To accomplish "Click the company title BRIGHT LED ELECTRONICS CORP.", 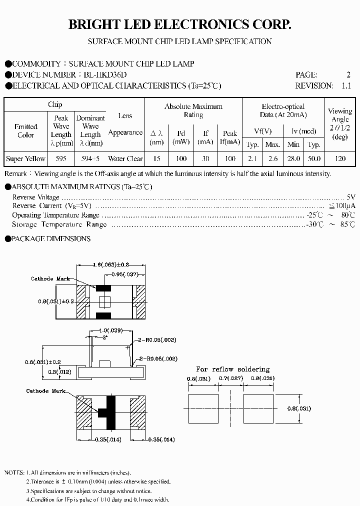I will pyautogui.click(x=179, y=24).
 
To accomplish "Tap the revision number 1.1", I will pyautogui.click(x=346, y=85).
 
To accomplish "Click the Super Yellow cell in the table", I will pyautogui.click(x=25, y=158).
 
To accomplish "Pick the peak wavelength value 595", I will pyautogui.click(x=61, y=158).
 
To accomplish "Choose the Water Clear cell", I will pyautogui.click(x=125, y=158).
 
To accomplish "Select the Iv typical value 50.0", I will pyautogui.click(x=313, y=158).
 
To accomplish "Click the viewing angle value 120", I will pyautogui.click(x=340, y=158).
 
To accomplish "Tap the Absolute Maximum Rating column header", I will pyautogui.click(x=193, y=110).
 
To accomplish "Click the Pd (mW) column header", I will pyautogui.click(x=181, y=137).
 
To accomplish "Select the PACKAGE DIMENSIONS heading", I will pyautogui.click(x=51, y=239).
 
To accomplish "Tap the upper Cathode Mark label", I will pyautogui.click(x=51, y=278).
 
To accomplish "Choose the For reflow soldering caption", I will pyautogui.click(x=232, y=369).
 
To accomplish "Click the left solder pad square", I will pyautogui.click(x=204, y=408).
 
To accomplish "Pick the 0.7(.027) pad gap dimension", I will pyautogui.click(x=231, y=378).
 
